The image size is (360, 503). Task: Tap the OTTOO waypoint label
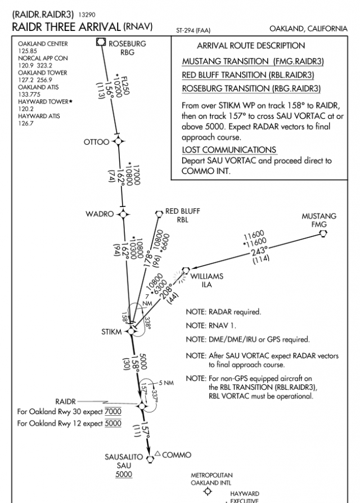(97, 142)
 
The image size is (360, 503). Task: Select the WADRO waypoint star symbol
(123, 214)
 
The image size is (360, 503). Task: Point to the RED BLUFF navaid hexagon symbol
(159, 213)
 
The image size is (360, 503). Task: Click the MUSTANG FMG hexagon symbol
(323, 233)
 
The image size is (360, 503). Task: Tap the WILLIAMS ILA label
(206, 280)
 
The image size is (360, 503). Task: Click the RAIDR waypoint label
(65, 401)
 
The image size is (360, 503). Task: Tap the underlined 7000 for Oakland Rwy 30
(113, 412)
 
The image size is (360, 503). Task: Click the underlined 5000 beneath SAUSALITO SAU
(124, 474)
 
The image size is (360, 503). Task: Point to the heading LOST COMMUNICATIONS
(229, 150)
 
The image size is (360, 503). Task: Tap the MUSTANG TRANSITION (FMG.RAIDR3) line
(253, 61)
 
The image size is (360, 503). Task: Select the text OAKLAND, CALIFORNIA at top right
(308, 28)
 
